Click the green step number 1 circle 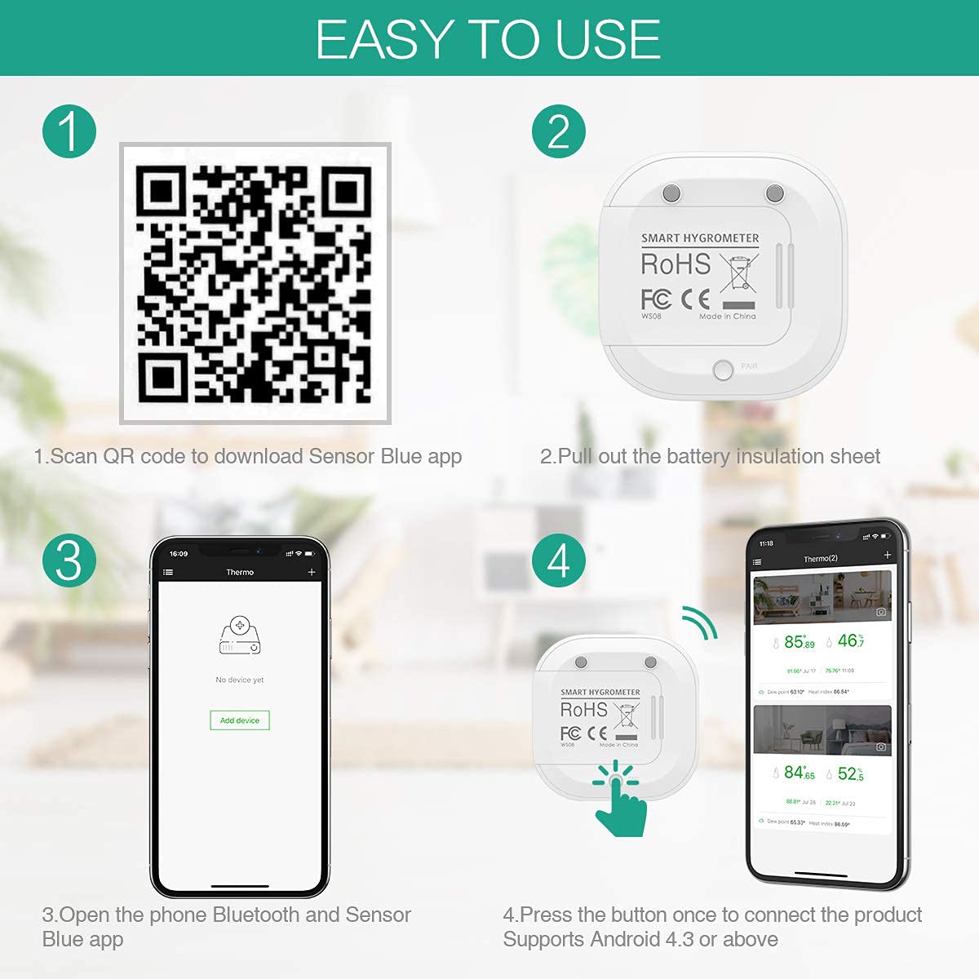click(x=69, y=131)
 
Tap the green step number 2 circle click(x=559, y=131)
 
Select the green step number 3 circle click(x=69, y=561)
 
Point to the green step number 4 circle click(x=559, y=561)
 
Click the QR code click(x=255, y=283)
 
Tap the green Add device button click(x=240, y=720)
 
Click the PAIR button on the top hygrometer click(x=723, y=370)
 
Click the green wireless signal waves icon click(x=700, y=623)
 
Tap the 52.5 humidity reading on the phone click(x=850, y=773)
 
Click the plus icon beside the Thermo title click(x=312, y=573)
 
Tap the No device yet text click(x=240, y=680)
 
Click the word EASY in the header click(x=383, y=39)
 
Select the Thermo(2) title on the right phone click(x=821, y=559)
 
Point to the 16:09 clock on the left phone click(x=179, y=554)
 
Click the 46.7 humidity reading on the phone click(x=851, y=641)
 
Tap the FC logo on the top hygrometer click(x=656, y=299)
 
